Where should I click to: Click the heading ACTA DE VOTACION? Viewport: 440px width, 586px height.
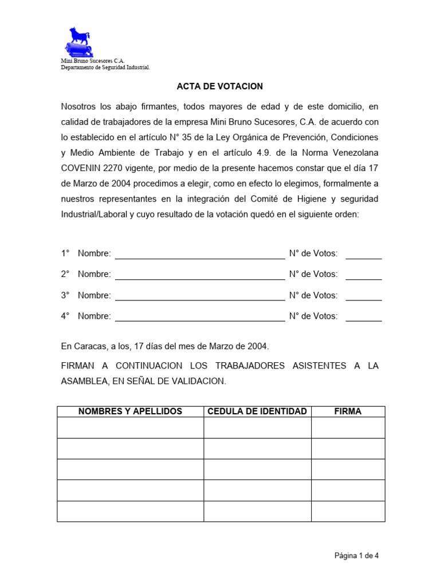point(219,86)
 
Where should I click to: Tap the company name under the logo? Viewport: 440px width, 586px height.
point(92,61)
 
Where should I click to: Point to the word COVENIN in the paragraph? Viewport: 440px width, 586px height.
point(82,168)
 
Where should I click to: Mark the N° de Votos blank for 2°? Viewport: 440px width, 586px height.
point(363,276)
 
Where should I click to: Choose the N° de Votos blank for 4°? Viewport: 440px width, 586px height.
point(363,318)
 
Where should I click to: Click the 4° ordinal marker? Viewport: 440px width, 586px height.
point(65,316)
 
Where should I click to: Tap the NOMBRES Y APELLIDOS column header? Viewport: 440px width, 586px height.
point(130,411)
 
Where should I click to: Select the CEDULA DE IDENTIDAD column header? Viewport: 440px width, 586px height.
point(257,411)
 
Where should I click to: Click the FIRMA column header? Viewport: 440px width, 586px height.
point(348,411)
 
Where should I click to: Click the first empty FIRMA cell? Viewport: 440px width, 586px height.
point(348,427)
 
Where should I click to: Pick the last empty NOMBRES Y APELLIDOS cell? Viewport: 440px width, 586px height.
point(130,511)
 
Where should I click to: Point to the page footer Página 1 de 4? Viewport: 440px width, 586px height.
point(357,555)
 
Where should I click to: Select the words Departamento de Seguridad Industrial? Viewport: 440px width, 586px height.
point(105,68)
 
